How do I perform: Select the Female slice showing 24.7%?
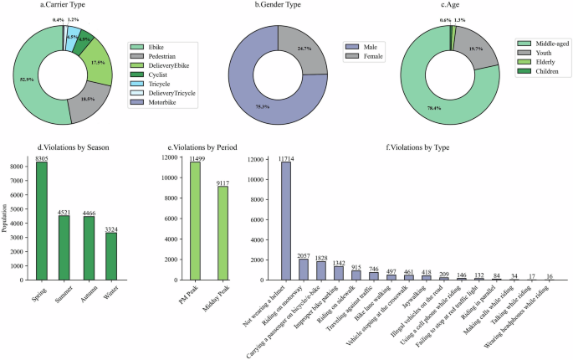tap(301, 50)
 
